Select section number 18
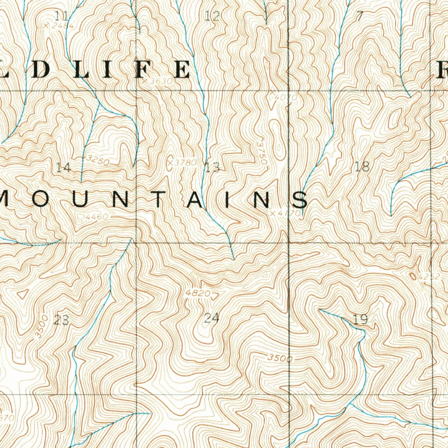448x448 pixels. (363, 166)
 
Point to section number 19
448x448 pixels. (360, 319)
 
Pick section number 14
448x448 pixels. (63, 167)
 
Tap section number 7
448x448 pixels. (360, 17)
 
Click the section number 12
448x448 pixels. (212, 17)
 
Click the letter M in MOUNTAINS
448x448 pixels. (7, 200)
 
